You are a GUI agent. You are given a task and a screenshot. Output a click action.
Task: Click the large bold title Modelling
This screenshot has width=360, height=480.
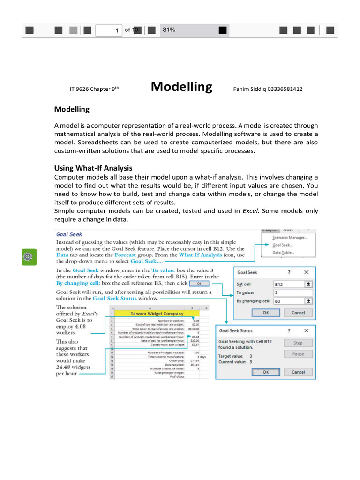click(181, 87)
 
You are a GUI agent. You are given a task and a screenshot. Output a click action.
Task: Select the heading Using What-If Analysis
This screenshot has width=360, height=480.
click(93, 168)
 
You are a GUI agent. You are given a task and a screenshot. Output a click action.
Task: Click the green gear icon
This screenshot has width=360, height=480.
click(29, 257)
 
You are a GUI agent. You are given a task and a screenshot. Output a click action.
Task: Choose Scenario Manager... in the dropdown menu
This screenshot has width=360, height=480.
click(289, 238)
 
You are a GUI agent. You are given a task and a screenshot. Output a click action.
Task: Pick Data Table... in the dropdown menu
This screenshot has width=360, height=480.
click(283, 253)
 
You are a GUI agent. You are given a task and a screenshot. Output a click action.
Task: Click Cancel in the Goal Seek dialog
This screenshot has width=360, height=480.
click(298, 312)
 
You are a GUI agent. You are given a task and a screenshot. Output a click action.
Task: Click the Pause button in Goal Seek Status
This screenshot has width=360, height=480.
click(298, 354)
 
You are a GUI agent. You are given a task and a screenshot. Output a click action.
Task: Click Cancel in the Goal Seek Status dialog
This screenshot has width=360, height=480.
click(298, 372)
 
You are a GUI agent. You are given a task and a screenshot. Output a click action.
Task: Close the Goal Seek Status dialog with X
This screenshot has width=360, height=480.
click(306, 330)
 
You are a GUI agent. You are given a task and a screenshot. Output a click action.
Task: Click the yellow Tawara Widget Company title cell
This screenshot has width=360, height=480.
click(153, 313)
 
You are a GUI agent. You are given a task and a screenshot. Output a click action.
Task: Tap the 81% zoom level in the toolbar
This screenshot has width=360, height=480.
click(169, 30)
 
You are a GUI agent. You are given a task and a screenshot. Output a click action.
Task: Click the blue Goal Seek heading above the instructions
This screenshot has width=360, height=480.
click(69, 234)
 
